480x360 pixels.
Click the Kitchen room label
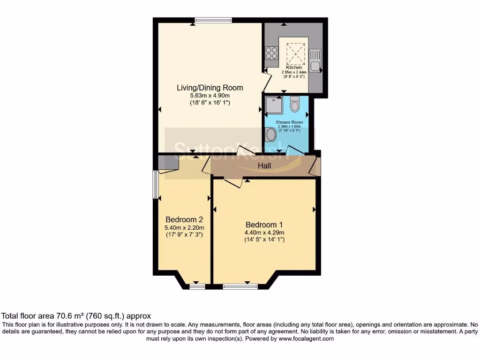tap(294, 67)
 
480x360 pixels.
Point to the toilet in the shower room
tap(294, 104)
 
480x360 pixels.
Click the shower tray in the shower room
tap(273, 105)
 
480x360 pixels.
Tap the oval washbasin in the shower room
tap(271, 135)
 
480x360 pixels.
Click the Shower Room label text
tap(289, 122)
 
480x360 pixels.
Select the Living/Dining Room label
tap(210, 88)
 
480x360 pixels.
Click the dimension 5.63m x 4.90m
tap(210, 95)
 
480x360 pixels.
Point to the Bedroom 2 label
tap(184, 219)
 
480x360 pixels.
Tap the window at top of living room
tap(214, 20)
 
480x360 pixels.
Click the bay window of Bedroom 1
tap(240, 285)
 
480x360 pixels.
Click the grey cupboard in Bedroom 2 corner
tap(168, 163)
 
